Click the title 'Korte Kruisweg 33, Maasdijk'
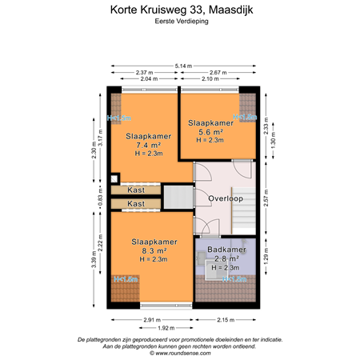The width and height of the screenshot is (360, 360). coord(179,10)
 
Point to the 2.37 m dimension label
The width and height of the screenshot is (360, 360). coord(146,72)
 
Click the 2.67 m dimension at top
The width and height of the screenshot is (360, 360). coord(219,72)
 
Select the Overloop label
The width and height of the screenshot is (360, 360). coord(226,198)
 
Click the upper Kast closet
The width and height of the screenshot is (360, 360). coord(136,190)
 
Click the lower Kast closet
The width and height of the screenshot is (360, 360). coord(136,204)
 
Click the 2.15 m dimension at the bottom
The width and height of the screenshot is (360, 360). coord(226,321)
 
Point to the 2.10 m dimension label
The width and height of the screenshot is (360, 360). coord(210,79)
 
